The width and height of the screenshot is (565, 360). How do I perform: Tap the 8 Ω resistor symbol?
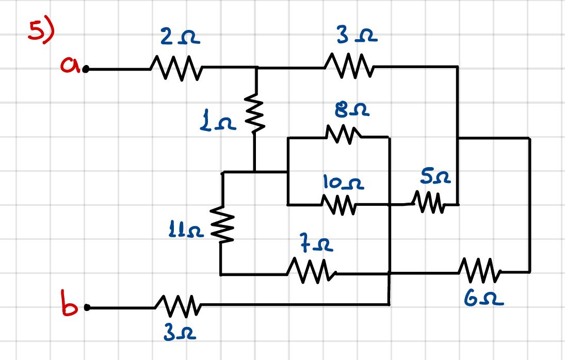(343, 136)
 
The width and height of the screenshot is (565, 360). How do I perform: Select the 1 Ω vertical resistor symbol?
(255, 113)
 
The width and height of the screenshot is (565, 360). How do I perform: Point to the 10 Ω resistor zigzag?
(339, 205)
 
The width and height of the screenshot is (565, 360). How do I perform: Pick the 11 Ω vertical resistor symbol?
(222, 224)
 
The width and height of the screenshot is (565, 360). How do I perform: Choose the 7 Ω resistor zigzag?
(311, 271)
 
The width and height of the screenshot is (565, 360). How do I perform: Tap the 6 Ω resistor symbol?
(479, 271)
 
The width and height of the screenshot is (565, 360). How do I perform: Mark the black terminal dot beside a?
(86, 69)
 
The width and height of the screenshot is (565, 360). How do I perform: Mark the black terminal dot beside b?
(87, 308)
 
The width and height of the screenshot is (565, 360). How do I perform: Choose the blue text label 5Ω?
(435, 178)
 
